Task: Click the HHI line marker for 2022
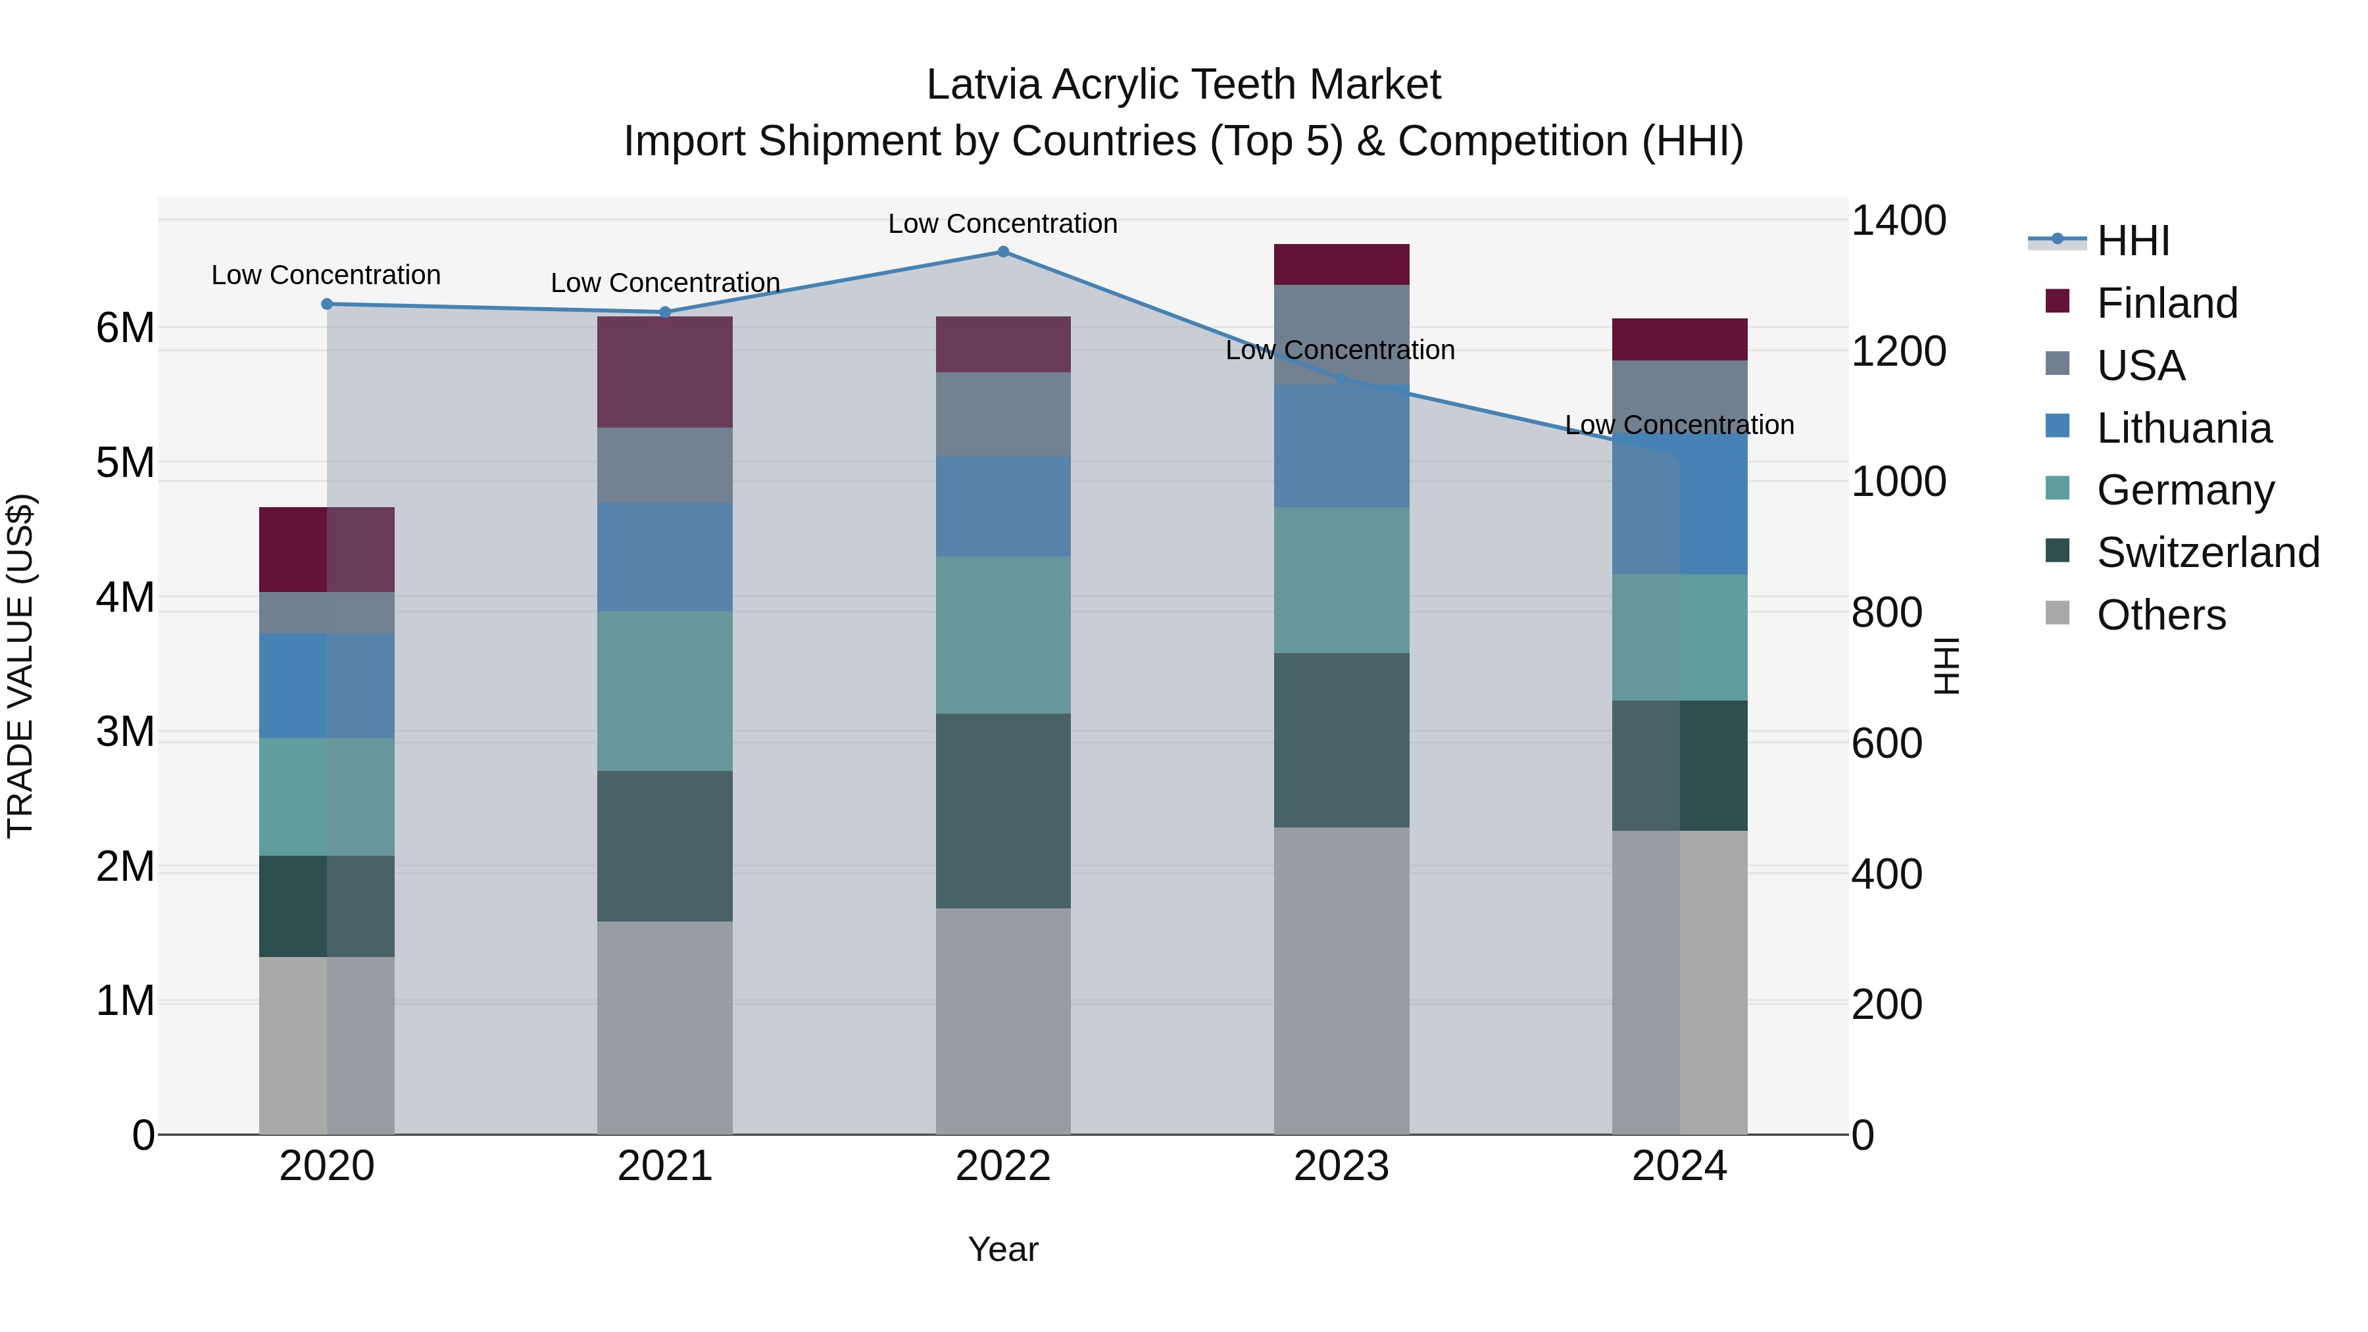pyautogui.click(x=1003, y=252)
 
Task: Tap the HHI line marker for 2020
pyautogui.click(x=328, y=305)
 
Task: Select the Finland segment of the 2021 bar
pyautogui.click(x=664, y=372)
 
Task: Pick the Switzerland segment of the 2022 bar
pyautogui.click(x=1003, y=811)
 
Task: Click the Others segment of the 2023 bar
pyautogui.click(x=1341, y=980)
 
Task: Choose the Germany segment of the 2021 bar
pyautogui.click(x=664, y=691)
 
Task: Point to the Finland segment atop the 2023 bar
pyautogui.click(x=1341, y=264)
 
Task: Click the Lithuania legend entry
pyautogui.click(x=2183, y=428)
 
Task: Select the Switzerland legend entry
pyautogui.click(x=2207, y=553)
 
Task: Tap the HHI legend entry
pyautogui.click(x=2133, y=241)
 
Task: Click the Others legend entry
pyautogui.click(x=2160, y=615)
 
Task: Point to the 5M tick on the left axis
pyautogui.click(x=125, y=462)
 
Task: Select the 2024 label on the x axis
pyautogui.click(x=1679, y=1166)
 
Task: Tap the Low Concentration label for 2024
pyautogui.click(x=1679, y=425)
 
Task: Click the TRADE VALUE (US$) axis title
pyautogui.click(x=20, y=666)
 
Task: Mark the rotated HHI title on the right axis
pyautogui.click(x=1947, y=666)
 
